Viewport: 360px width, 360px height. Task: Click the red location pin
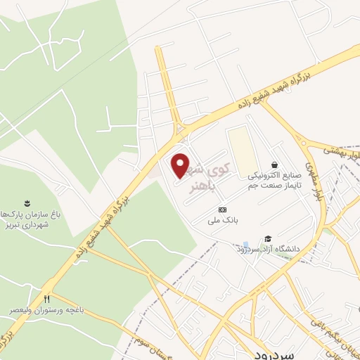coord(181,165)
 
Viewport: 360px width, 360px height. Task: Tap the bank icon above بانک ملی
coord(222,210)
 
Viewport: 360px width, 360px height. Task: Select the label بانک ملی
coord(223,220)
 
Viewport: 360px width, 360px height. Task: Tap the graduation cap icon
coord(267,239)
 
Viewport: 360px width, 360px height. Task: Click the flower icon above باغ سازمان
coord(27,202)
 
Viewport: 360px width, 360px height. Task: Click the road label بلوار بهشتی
coord(344,154)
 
